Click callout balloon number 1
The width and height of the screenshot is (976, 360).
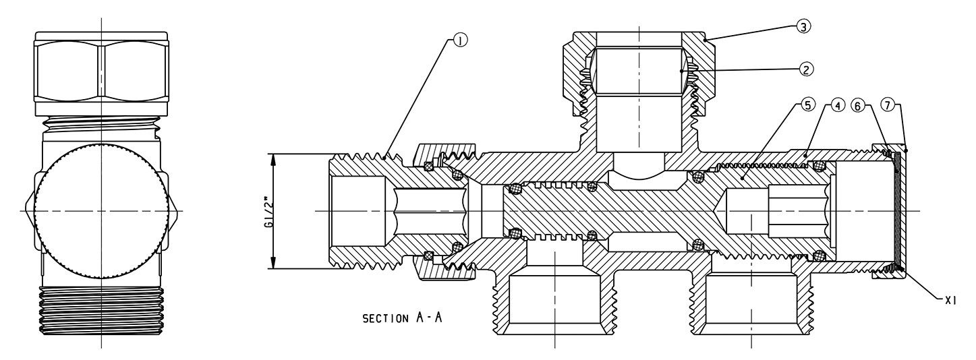click(460, 40)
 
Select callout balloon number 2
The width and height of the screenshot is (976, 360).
click(805, 69)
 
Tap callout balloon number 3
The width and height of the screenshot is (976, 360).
click(803, 26)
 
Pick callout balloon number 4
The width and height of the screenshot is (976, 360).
click(838, 105)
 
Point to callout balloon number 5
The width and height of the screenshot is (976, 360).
click(807, 105)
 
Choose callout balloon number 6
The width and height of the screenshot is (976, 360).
click(858, 106)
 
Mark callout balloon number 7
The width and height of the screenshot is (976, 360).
click(887, 105)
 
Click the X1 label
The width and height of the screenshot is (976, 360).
click(950, 301)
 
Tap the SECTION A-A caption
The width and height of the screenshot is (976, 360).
click(402, 318)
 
